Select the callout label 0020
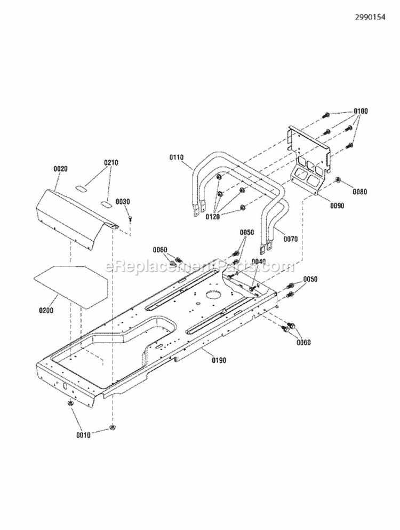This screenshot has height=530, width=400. click(61, 169)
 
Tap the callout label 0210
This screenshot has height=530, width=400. click(111, 162)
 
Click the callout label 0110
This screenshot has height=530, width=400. click(176, 157)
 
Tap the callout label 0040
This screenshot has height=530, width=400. click(259, 261)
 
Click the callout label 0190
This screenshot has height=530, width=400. click(219, 360)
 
